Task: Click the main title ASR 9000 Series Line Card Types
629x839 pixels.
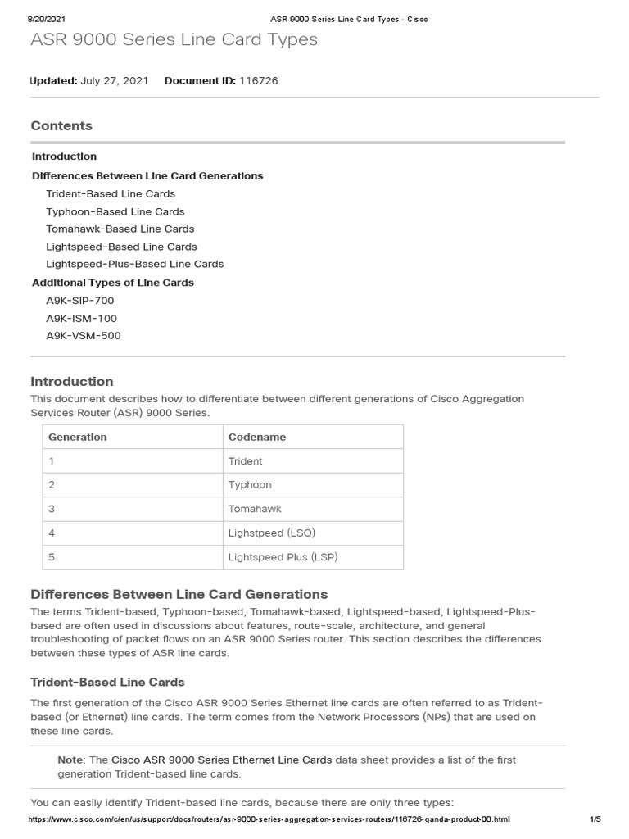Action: tap(174, 39)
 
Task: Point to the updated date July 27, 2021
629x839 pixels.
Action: tap(115, 80)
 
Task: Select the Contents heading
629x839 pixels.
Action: tap(61, 125)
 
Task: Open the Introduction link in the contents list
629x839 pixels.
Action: tap(64, 156)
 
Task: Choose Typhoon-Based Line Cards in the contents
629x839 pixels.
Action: tap(115, 211)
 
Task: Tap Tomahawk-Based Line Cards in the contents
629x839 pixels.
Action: tap(120, 229)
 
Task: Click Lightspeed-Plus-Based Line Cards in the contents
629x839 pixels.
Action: tap(135, 264)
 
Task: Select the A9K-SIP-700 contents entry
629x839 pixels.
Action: tap(80, 301)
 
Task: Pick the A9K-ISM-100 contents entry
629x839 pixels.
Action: tap(82, 318)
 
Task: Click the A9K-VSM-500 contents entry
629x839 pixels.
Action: tap(84, 336)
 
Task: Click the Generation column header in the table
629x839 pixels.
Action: tap(78, 437)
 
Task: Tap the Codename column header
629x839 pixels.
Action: tap(257, 437)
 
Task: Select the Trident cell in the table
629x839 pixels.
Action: tap(246, 461)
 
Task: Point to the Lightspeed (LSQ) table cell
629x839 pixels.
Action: tap(272, 533)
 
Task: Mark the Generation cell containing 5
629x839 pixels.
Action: tap(52, 556)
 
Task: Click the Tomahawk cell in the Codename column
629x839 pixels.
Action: tap(255, 509)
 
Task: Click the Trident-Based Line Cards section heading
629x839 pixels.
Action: tap(107, 682)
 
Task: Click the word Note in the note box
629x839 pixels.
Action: tap(70, 760)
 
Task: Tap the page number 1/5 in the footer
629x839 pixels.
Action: tap(595, 819)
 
